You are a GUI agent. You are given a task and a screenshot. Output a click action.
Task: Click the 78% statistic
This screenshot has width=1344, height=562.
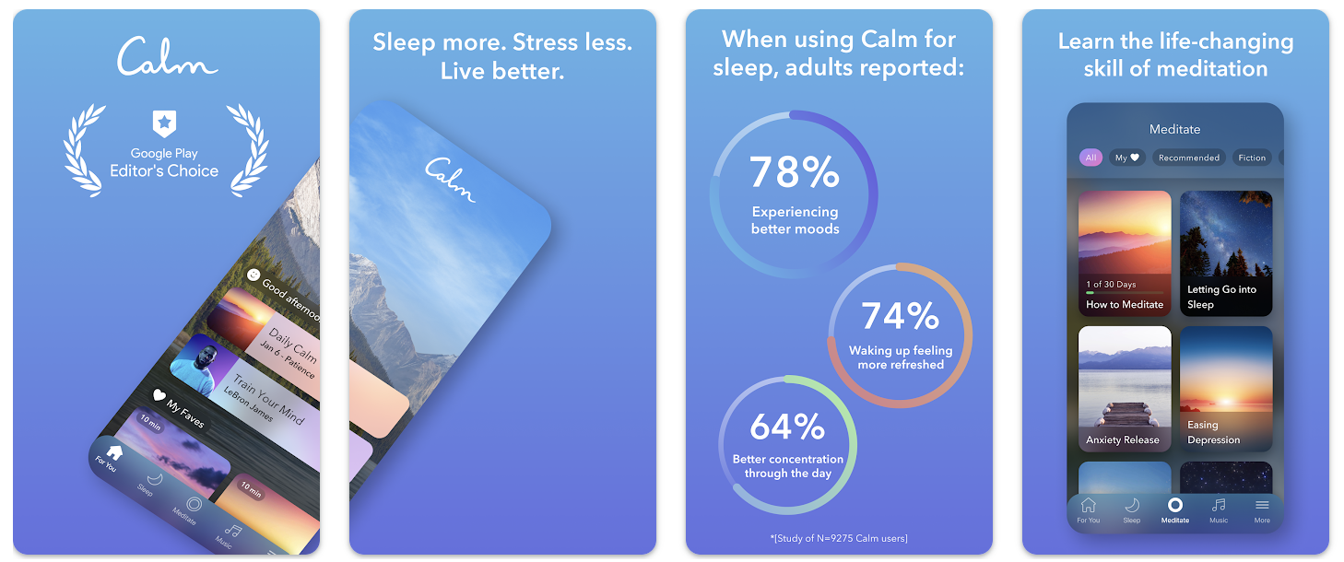tap(794, 172)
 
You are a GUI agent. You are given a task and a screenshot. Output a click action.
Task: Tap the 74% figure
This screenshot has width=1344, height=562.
tap(900, 316)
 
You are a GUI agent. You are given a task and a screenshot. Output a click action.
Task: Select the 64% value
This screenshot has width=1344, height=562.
tap(786, 427)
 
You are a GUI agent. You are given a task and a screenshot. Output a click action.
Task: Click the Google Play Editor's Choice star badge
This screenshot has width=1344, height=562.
tap(164, 123)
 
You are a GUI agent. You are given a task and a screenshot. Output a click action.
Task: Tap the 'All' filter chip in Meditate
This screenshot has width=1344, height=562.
tap(1091, 158)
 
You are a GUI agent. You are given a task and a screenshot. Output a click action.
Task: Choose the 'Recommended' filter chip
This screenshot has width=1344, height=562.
tap(1188, 158)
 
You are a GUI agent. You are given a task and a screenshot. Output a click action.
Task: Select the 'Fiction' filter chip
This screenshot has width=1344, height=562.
tap(1252, 158)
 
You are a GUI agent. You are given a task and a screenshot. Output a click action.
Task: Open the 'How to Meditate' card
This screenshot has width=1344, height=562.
tap(1125, 253)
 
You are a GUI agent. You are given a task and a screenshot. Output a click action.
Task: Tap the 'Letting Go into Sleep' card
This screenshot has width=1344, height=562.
tap(1226, 253)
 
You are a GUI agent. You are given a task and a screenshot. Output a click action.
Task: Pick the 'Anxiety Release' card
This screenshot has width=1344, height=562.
tap(1125, 388)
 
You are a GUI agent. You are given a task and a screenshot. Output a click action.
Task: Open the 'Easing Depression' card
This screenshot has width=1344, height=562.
tap(1226, 388)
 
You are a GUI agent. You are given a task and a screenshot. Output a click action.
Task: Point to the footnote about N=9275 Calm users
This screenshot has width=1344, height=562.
tap(839, 538)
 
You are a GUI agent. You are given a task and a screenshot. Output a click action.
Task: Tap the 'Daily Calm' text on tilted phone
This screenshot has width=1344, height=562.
tap(292, 342)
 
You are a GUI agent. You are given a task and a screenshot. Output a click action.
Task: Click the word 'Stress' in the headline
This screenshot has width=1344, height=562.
tap(555, 42)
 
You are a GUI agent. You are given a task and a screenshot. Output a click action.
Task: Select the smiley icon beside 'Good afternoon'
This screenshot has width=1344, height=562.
tap(253, 274)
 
